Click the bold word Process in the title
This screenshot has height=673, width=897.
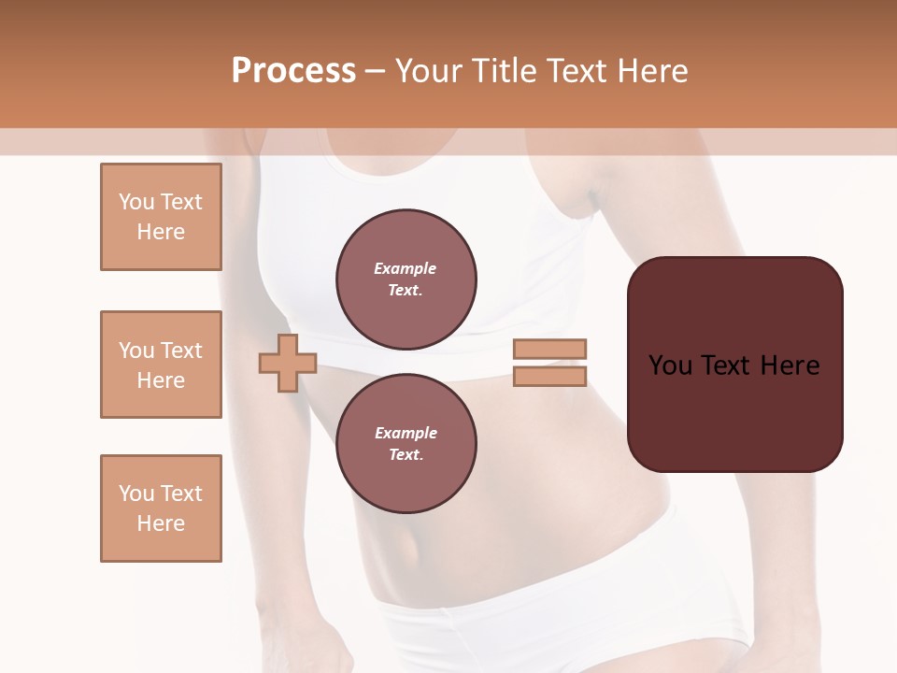(x=293, y=71)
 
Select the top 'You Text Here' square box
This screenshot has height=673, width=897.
(x=161, y=217)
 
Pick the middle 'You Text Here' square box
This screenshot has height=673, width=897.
(x=161, y=365)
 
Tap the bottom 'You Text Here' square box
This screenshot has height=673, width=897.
(x=161, y=508)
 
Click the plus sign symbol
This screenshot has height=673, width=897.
(x=288, y=363)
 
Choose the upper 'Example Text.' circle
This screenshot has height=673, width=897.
(x=406, y=279)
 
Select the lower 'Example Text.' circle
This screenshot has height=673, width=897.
(x=406, y=444)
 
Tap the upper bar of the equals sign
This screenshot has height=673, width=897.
(x=550, y=349)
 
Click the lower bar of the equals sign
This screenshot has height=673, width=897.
(x=550, y=376)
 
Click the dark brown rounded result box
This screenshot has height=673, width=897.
(x=735, y=411)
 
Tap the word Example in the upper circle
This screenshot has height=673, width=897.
(x=406, y=268)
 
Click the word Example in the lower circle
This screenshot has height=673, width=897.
(x=406, y=433)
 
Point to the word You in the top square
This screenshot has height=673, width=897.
(x=135, y=202)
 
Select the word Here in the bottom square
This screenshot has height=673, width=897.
(x=161, y=523)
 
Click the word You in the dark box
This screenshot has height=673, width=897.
(x=670, y=365)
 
